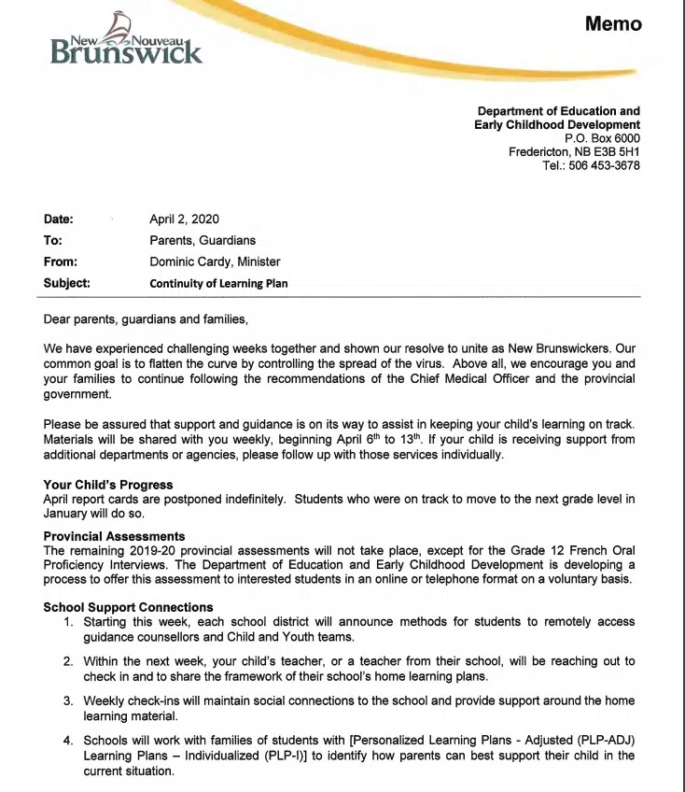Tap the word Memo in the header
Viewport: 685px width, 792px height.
pyautogui.click(x=613, y=23)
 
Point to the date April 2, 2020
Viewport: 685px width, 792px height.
pyautogui.click(x=184, y=219)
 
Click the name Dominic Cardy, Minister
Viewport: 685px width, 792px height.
pyautogui.click(x=215, y=262)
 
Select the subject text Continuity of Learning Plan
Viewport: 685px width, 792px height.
pyautogui.click(x=218, y=284)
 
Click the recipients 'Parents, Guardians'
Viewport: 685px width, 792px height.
pyautogui.click(x=203, y=241)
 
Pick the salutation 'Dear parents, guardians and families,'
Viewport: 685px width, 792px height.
pyautogui.click(x=146, y=319)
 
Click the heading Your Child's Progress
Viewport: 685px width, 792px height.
pyautogui.click(x=108, y=485)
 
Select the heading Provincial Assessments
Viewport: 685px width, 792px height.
pyautogui.click(x=114, y=536)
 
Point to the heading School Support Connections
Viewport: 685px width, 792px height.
pyautogui.click(x=128, y=607)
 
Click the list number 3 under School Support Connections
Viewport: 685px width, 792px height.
pyautogui.click(x=68, y=700)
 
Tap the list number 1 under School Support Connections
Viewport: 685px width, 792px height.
pyautogui.click(x=68, y=621)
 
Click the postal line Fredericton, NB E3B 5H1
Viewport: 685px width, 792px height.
pyautogui.click(x=574, y=152)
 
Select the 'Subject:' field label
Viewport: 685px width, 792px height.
pyautogui.click(x=66, y=284)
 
